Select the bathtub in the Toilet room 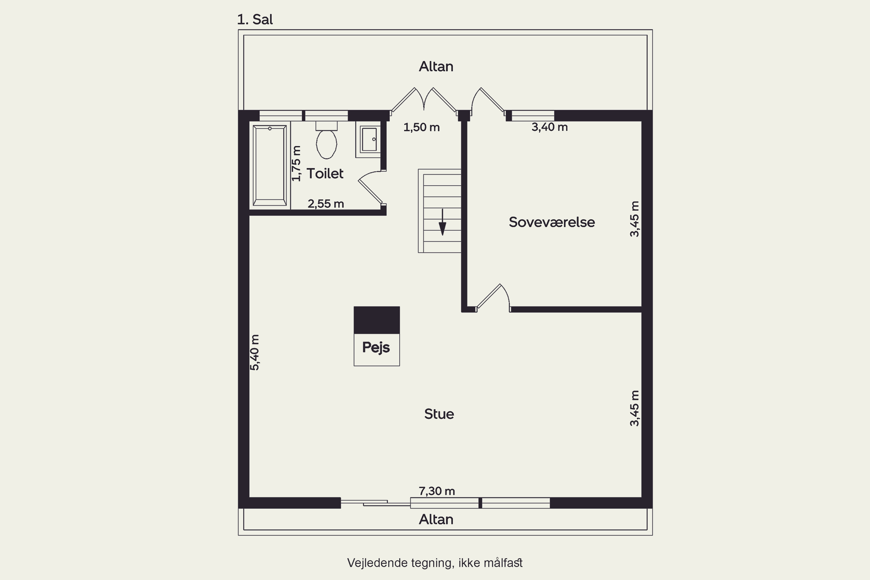(x=270, y=165)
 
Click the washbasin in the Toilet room (x=369, y=139)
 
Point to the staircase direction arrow (x=443, y=222)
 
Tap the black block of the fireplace (x=376, y=320)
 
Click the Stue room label (x=439, y=414)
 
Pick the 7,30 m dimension (x=437, y=491)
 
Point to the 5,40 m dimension (x=255, y=352)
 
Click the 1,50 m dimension (x=422, y=128)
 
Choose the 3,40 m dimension (x=550, y=127)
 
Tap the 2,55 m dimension (x=326, y=204)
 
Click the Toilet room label (x=325, y=173)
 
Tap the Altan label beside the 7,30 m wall (x=436, y=520)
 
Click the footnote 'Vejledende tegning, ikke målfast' (x=435, y=563)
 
